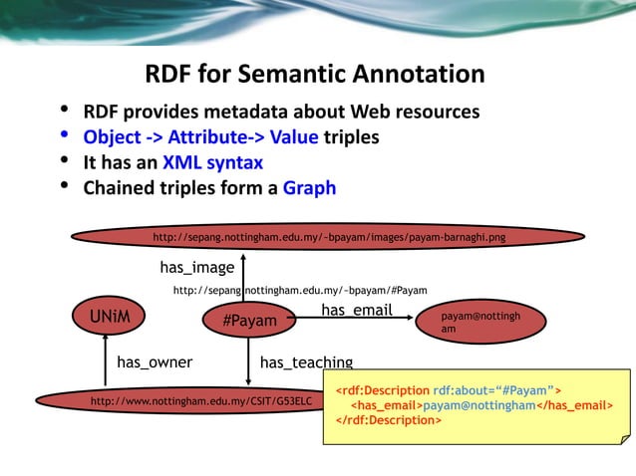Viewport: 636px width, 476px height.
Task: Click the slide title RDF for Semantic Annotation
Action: [x=315, y=75]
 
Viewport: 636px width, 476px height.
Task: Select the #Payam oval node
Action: [x=249, y=322]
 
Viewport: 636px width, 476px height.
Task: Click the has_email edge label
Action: [x=356, y=311]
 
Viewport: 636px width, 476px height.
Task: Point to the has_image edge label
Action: [x=197, y=267]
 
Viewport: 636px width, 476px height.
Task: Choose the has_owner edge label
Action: [x=155, y=362]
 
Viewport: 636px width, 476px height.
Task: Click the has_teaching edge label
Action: [x=306, y=362]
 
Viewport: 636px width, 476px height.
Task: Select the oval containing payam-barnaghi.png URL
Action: [x=328, y=239]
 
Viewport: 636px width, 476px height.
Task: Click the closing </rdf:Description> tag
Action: [x=389, y=419]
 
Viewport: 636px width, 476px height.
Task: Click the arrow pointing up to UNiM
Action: [x=104, y=358]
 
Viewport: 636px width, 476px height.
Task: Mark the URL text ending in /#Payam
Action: [x=300, y=291]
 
